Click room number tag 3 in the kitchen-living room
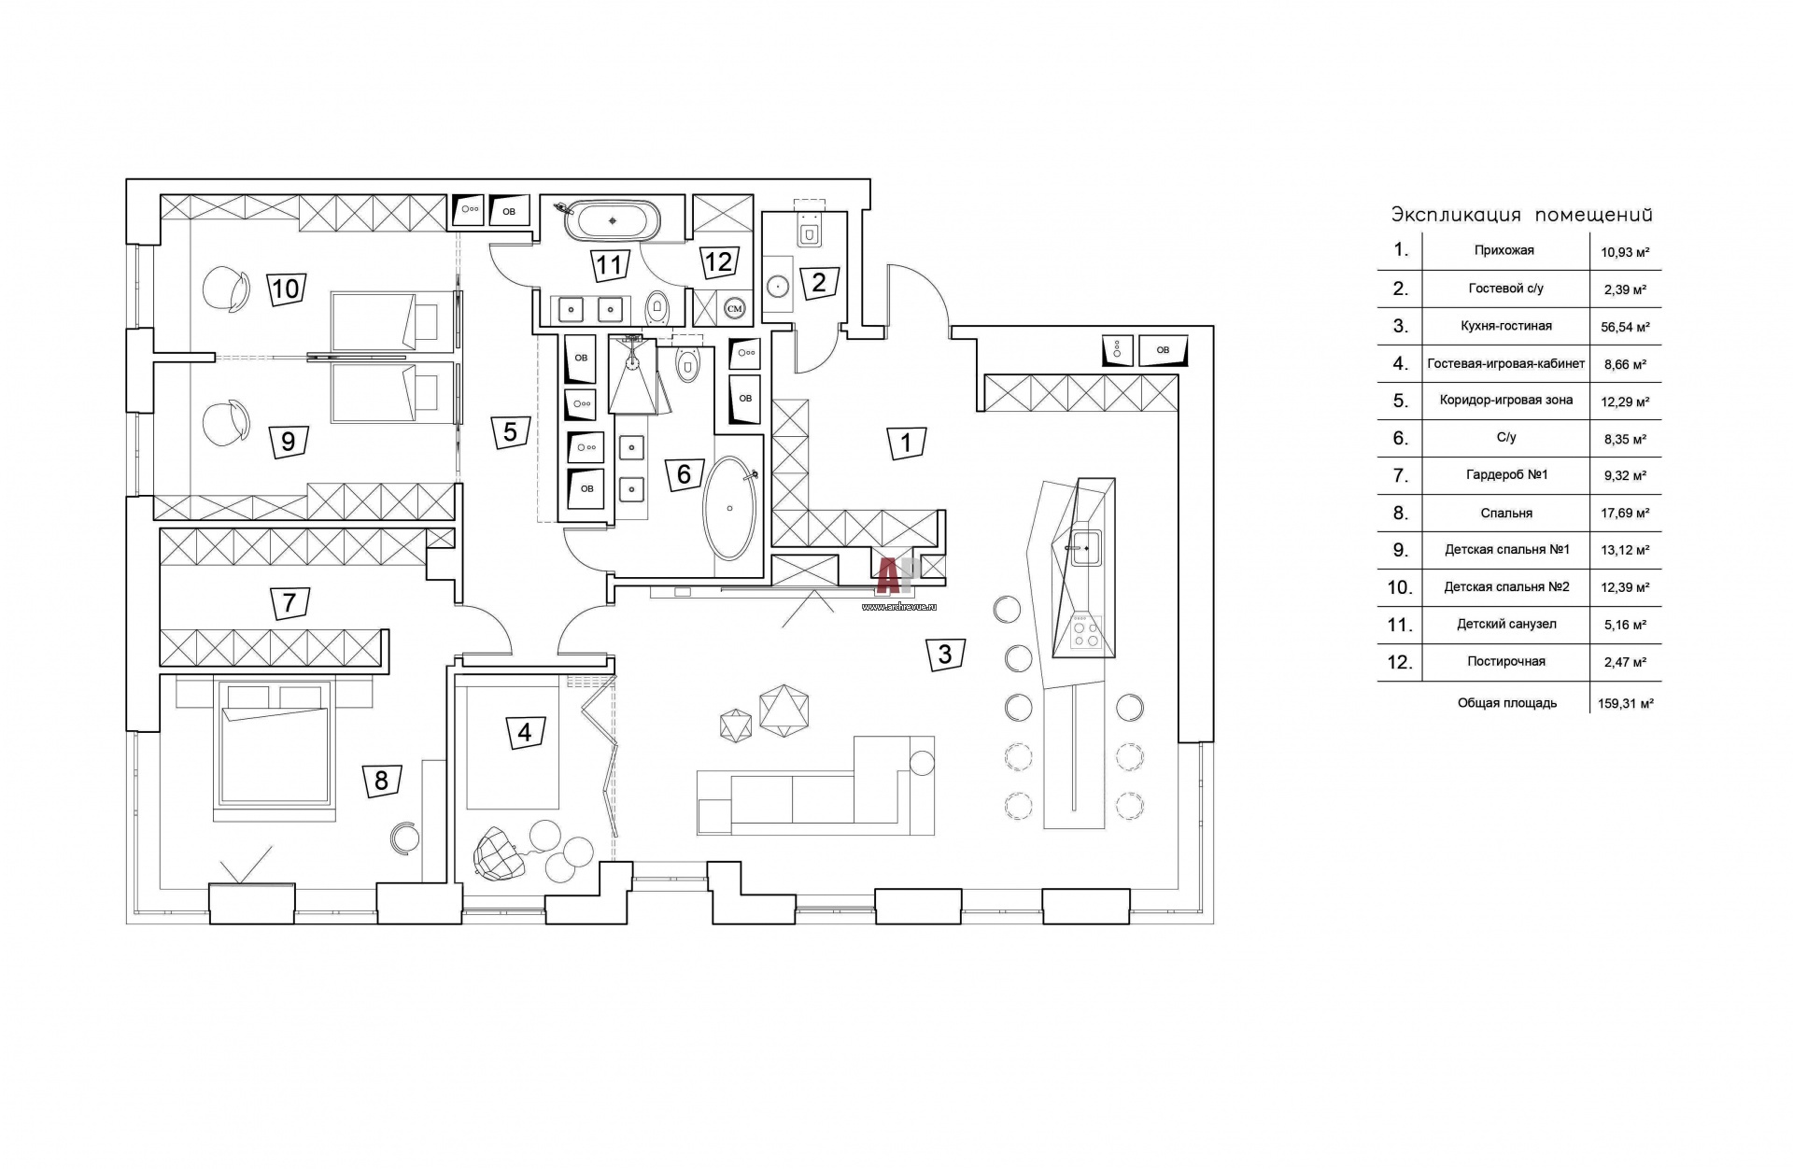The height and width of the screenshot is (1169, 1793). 945,654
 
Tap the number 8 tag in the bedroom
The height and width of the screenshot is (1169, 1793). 381,779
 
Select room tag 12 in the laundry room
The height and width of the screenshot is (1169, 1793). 718,261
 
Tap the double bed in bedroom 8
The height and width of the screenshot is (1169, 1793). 275,743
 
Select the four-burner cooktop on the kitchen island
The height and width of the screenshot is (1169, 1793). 1085,633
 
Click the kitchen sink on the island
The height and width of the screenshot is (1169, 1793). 1086,547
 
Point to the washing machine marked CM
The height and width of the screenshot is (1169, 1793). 735,307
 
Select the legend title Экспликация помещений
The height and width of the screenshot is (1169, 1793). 1521,216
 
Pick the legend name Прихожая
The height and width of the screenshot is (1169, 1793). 1504,250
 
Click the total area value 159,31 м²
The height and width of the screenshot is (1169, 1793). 1625,703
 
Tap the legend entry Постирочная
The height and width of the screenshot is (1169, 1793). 1506,661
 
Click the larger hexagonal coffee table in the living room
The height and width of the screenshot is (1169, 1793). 784,708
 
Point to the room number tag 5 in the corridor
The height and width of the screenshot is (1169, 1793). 510,431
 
